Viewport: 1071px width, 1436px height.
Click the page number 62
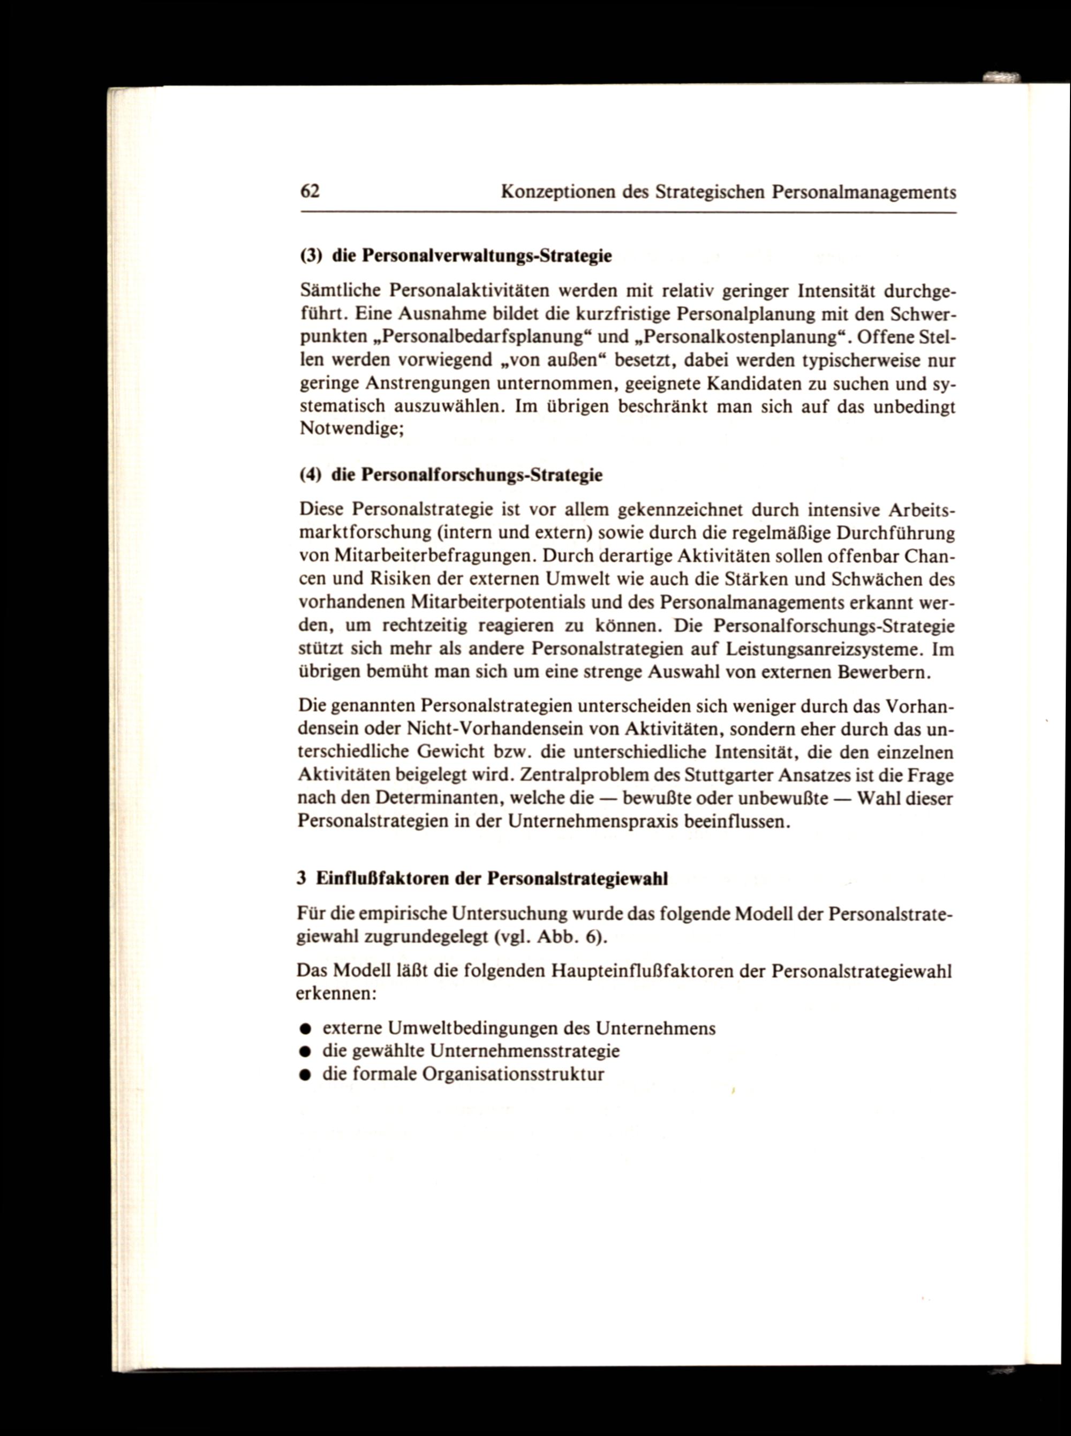click(x=310, y=191)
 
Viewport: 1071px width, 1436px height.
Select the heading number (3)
click(x=312, y=255)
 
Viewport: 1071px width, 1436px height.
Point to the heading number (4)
click(x=311, y=475)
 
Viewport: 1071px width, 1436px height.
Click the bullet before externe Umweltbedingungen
click(x=303, y=1029)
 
